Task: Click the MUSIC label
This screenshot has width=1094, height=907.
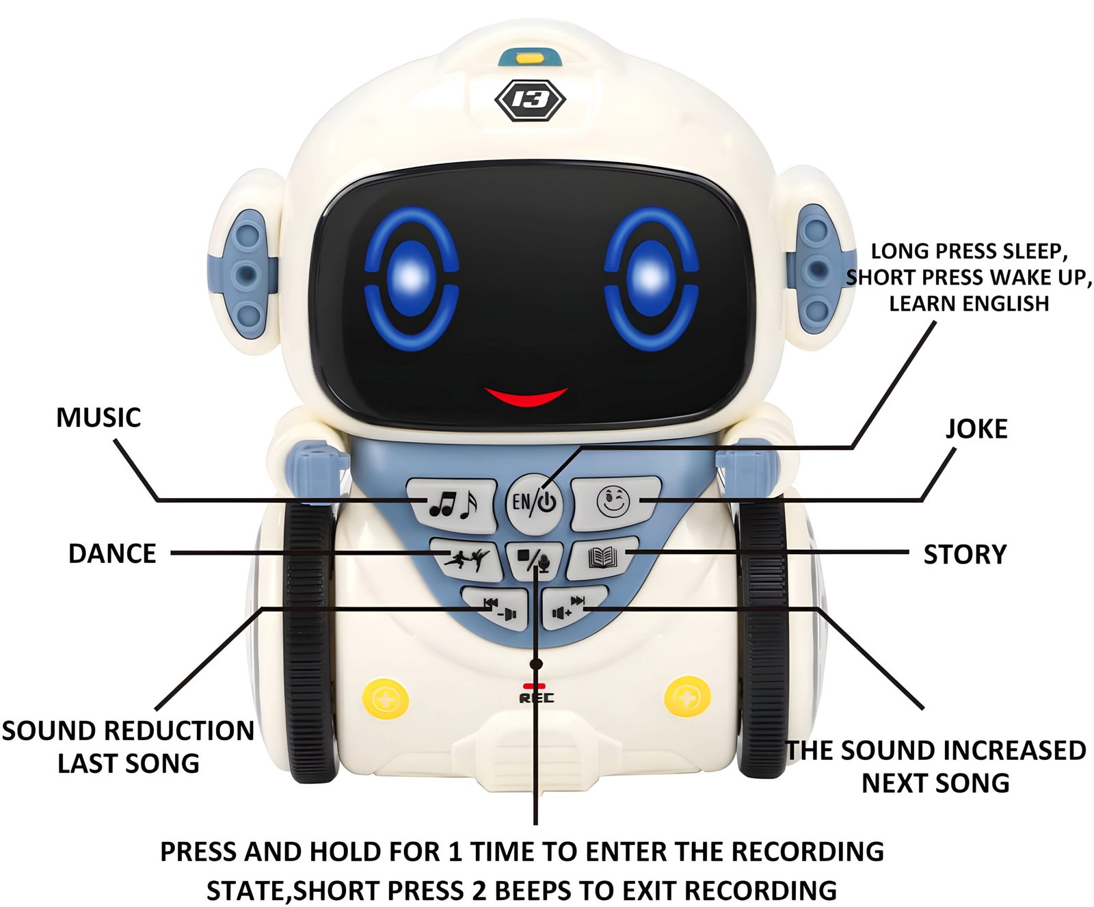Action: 98,417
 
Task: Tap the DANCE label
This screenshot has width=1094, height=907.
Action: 112,553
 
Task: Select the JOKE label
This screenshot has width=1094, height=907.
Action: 976,429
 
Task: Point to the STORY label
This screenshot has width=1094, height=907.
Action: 965,554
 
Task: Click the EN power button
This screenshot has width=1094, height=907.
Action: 535,503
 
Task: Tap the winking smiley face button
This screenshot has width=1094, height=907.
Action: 614,503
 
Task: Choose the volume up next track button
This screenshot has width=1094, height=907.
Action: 572,607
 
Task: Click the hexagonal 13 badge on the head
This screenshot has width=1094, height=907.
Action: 530,101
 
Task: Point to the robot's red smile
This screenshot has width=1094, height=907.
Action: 526,396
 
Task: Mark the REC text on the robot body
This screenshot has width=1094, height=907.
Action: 537,698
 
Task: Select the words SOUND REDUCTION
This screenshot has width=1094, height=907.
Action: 128,731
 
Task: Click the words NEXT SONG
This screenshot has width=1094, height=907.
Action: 935,783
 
